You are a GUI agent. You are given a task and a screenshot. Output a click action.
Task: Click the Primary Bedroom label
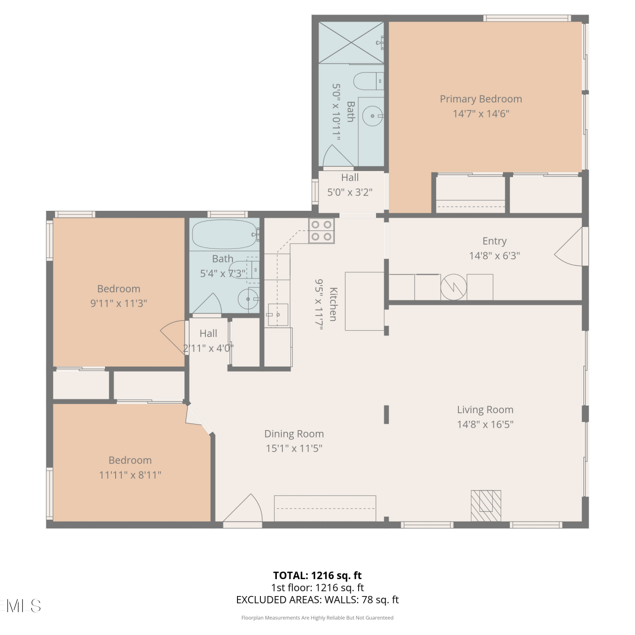coord(480,99)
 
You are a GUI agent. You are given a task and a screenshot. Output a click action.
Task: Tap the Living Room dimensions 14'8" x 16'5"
coord(485,424)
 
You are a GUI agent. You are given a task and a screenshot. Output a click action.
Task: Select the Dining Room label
coord(294,434)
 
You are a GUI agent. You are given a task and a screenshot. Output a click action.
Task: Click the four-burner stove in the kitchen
coord(321,231)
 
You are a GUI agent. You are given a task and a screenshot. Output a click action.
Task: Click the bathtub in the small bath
coord(225,234)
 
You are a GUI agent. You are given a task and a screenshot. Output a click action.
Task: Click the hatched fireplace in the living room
coord(486,506)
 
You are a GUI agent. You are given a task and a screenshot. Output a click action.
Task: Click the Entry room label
coord(494,241)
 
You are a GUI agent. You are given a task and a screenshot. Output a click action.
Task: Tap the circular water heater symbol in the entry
coord(454,287)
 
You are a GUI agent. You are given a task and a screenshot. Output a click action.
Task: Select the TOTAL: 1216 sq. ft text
coord(317,575)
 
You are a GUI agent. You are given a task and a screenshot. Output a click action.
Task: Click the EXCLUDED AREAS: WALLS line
coord(317,600)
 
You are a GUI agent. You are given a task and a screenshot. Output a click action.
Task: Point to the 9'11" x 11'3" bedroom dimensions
coord(119,304)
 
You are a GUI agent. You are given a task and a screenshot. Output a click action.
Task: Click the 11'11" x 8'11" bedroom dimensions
coord(130,475)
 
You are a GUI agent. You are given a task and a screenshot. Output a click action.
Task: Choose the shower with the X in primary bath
coord(351,43)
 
